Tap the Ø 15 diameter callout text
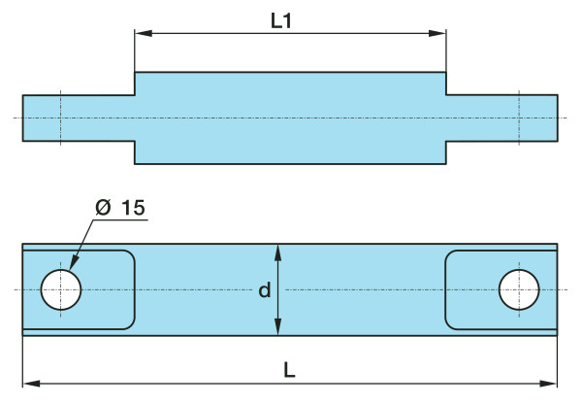click(119, 207)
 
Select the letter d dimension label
click(264, 290)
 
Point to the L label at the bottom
click(291, 370)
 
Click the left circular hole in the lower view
click(61, 289)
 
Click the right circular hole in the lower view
click(519, 289)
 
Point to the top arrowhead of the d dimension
click(278, 251)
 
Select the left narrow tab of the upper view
click(78, 118)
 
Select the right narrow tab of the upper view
click(501, 118)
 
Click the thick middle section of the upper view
click(290, 118)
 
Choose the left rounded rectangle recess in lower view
click(107, 289)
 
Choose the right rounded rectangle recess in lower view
click(475, 289)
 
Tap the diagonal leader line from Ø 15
click(82, 244)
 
